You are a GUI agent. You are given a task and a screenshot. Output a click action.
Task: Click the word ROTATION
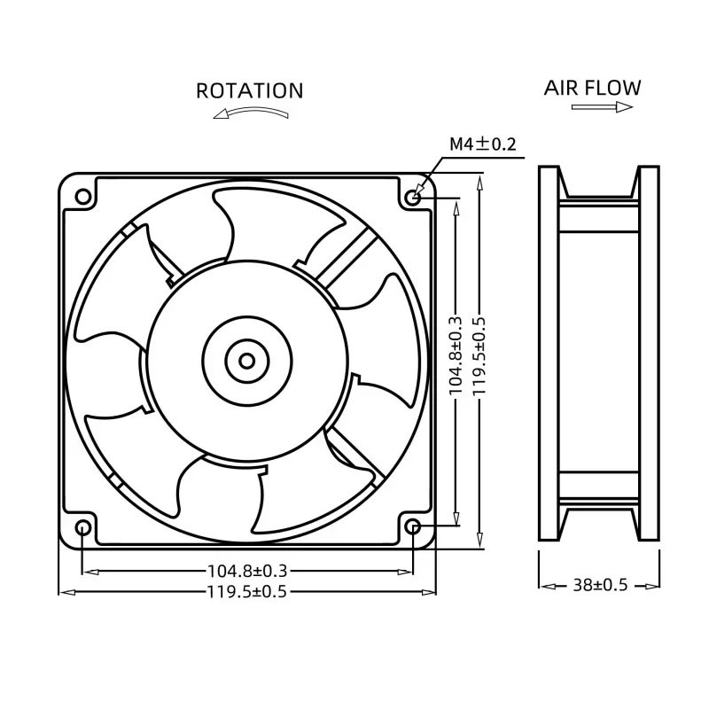click(249, 90)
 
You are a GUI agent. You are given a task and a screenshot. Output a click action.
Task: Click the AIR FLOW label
click(592, 87)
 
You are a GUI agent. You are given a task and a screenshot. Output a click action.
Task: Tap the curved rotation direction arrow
click(251, 113)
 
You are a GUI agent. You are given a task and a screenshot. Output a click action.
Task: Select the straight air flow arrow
click(602, 107)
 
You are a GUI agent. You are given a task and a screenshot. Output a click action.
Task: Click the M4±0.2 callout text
click(482, 143)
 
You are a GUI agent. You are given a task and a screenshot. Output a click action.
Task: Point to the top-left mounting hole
click(82, 196)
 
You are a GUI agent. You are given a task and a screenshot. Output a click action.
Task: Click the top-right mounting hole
click(414, 196)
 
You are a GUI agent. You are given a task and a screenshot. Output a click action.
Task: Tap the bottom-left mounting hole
click(82, 528)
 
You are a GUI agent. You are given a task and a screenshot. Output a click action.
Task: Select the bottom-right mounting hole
click(414, 528)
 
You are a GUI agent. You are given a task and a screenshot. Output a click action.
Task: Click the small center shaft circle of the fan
click(247, 361)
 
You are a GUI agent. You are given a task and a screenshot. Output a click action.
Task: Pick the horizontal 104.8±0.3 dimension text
click(247, 572)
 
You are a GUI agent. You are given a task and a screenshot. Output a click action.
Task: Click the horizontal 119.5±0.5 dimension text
click(247, 591)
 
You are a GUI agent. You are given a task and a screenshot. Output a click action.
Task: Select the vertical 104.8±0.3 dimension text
click(456, 354)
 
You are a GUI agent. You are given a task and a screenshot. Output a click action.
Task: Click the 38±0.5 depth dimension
click(601, 585)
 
